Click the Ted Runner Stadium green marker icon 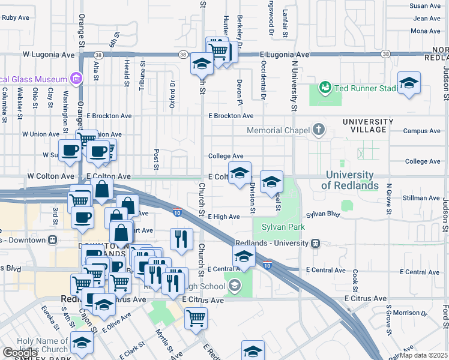[x=325, y=88]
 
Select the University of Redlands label [x=350, y=180]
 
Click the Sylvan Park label [x=283, y=227]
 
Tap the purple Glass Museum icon [x=76, y=79]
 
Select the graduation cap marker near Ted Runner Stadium [x=409, y=83]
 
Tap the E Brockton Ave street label [x=231, y=116]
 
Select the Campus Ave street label [x=423, y=131]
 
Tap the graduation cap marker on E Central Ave [x=244, y=257]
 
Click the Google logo [x=19, y=353]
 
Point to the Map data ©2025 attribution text [x=424, y=355]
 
